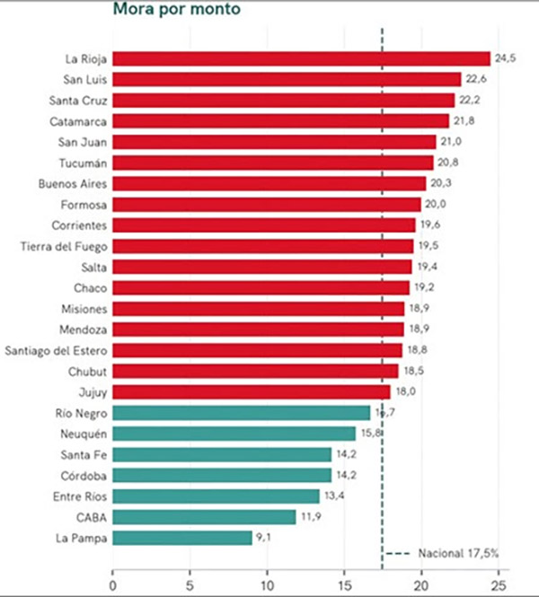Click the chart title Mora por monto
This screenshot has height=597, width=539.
pos(177,9)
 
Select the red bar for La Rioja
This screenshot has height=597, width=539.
pos(301,58)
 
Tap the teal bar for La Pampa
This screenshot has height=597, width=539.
pos(182,538)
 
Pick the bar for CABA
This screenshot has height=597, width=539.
pos(204,517)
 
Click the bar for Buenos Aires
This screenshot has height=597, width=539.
pos(269,183)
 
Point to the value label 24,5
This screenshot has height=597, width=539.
pos(506,57)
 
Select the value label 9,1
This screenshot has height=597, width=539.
pos(263,537)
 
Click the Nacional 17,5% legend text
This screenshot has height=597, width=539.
pos(458,553)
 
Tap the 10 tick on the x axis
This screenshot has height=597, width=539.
pos(267,585)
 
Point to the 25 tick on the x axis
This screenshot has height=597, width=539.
pos(499,585)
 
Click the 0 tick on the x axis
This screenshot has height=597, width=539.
pos(113,585)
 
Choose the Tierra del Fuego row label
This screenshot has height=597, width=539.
pos(64,247)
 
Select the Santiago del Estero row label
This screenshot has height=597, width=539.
pos(56,351)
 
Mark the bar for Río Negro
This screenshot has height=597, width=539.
pos(241,413)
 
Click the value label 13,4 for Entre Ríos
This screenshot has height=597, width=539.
pos(334,496)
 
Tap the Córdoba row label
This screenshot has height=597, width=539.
pos(84,476)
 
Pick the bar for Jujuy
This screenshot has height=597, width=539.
pos(252,392)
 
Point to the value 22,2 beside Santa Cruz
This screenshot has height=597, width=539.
pos(470,100)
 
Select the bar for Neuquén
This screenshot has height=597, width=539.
pos(234,434)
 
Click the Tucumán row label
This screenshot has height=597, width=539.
pos(83,163)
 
